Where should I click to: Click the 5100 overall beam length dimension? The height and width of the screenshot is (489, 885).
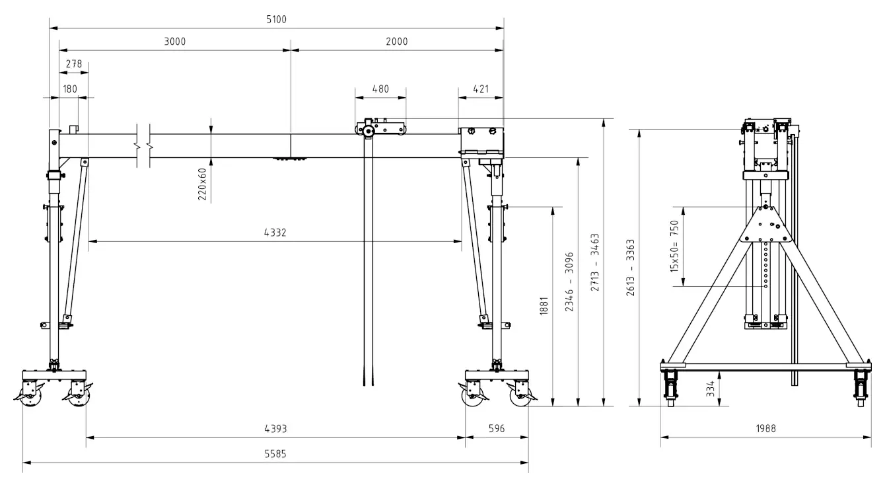[276, 20]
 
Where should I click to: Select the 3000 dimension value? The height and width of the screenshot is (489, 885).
[175, 42]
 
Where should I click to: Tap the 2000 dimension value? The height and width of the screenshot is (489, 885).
[397, 42]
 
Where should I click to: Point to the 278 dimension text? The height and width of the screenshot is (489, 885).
[74, 64]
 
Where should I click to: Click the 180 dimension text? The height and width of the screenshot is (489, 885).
[69, 89]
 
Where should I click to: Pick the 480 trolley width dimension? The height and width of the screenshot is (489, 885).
[380, 89]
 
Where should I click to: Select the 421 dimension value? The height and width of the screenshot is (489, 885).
[480, 89]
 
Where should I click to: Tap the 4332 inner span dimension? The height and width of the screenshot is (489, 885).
[275, 233]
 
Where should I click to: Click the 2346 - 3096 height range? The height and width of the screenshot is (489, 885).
[570, 282]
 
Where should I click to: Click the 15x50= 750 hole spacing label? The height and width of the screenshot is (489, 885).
[675, 246]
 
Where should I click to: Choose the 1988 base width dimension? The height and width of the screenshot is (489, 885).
[765, 428]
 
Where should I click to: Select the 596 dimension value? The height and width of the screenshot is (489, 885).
[496, 428]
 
